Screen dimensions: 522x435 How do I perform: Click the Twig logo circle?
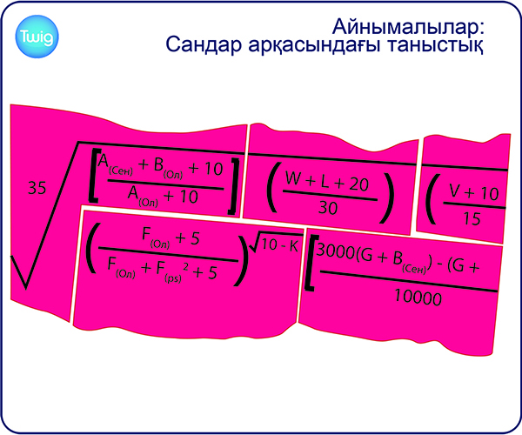tap(37, 37)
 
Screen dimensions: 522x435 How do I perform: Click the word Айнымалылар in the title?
tap(407, 26)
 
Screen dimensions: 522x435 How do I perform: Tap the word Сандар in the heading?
tap(203, 44)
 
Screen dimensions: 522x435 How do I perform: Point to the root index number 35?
tap(37, 188)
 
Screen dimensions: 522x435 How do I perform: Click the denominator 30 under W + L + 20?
tap(328, 208)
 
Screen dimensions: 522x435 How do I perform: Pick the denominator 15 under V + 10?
tap(472, 219)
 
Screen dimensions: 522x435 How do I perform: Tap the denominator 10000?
tap(418, 298)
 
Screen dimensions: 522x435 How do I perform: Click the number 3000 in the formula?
tap(335, 251)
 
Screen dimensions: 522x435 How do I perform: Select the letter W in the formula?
tap(293, 178)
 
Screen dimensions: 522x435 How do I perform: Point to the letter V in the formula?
tap(455, 191)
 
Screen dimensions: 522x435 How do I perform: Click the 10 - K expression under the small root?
tap(280, 245)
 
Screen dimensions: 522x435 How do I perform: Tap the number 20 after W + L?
tap(358, 184)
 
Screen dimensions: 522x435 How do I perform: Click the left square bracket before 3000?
tap(311, 263)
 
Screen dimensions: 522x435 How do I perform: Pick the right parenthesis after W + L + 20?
tap(386, 197)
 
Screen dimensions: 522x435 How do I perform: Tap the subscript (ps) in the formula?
tap(173, 278)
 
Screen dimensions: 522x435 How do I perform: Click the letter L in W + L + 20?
tap(325, 182)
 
